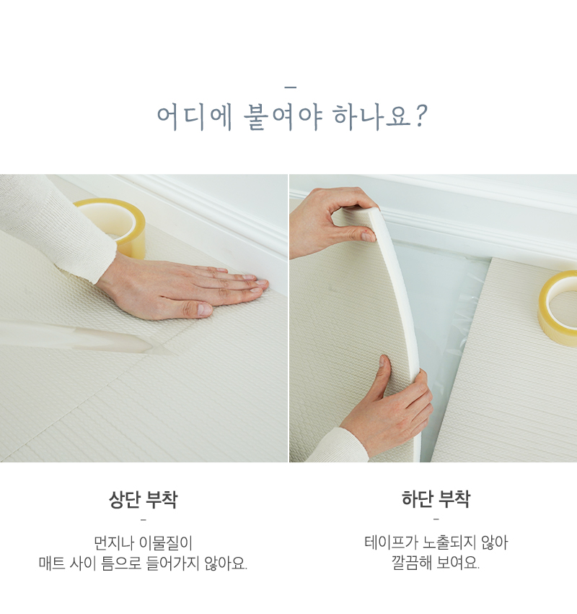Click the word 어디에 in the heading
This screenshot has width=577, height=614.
click(194, 117)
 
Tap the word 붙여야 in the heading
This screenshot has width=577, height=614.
click(283, 117)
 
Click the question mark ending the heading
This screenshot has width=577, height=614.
click(420, 116)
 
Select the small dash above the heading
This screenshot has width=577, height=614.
click(290, 87)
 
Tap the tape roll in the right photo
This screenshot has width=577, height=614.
click(558, 308)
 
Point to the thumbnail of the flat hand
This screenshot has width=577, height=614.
click(204, 309)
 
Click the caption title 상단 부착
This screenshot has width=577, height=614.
click(143, 499)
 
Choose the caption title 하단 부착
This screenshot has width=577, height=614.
click(436, 499)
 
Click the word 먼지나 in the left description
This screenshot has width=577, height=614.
click(113, 542)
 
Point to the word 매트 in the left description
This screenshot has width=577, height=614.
click(52, 563)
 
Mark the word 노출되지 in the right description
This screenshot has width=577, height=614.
click(449, 542)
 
